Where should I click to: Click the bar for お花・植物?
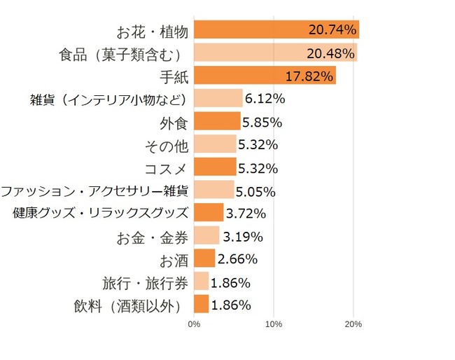[276, 29]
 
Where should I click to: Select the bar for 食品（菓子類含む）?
[275, 53]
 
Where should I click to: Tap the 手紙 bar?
[265, 76]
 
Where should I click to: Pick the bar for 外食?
[217, 121]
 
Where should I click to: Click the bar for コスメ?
[215, 167]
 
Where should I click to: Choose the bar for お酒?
[204, 258]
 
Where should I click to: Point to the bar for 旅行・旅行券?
[201, 282]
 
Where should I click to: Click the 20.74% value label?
[332, 30]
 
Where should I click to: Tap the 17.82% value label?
[309, 76]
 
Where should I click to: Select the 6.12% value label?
[265, 99]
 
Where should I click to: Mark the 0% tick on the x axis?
[195, 324]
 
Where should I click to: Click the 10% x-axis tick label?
[274, 324]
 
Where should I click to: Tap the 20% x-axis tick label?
[353, 324]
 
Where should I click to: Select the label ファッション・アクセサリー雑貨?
[94, 191]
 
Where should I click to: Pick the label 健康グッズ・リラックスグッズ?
[101, 213]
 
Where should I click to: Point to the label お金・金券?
[152, 237]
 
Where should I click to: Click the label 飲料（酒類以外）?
[132, 305]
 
